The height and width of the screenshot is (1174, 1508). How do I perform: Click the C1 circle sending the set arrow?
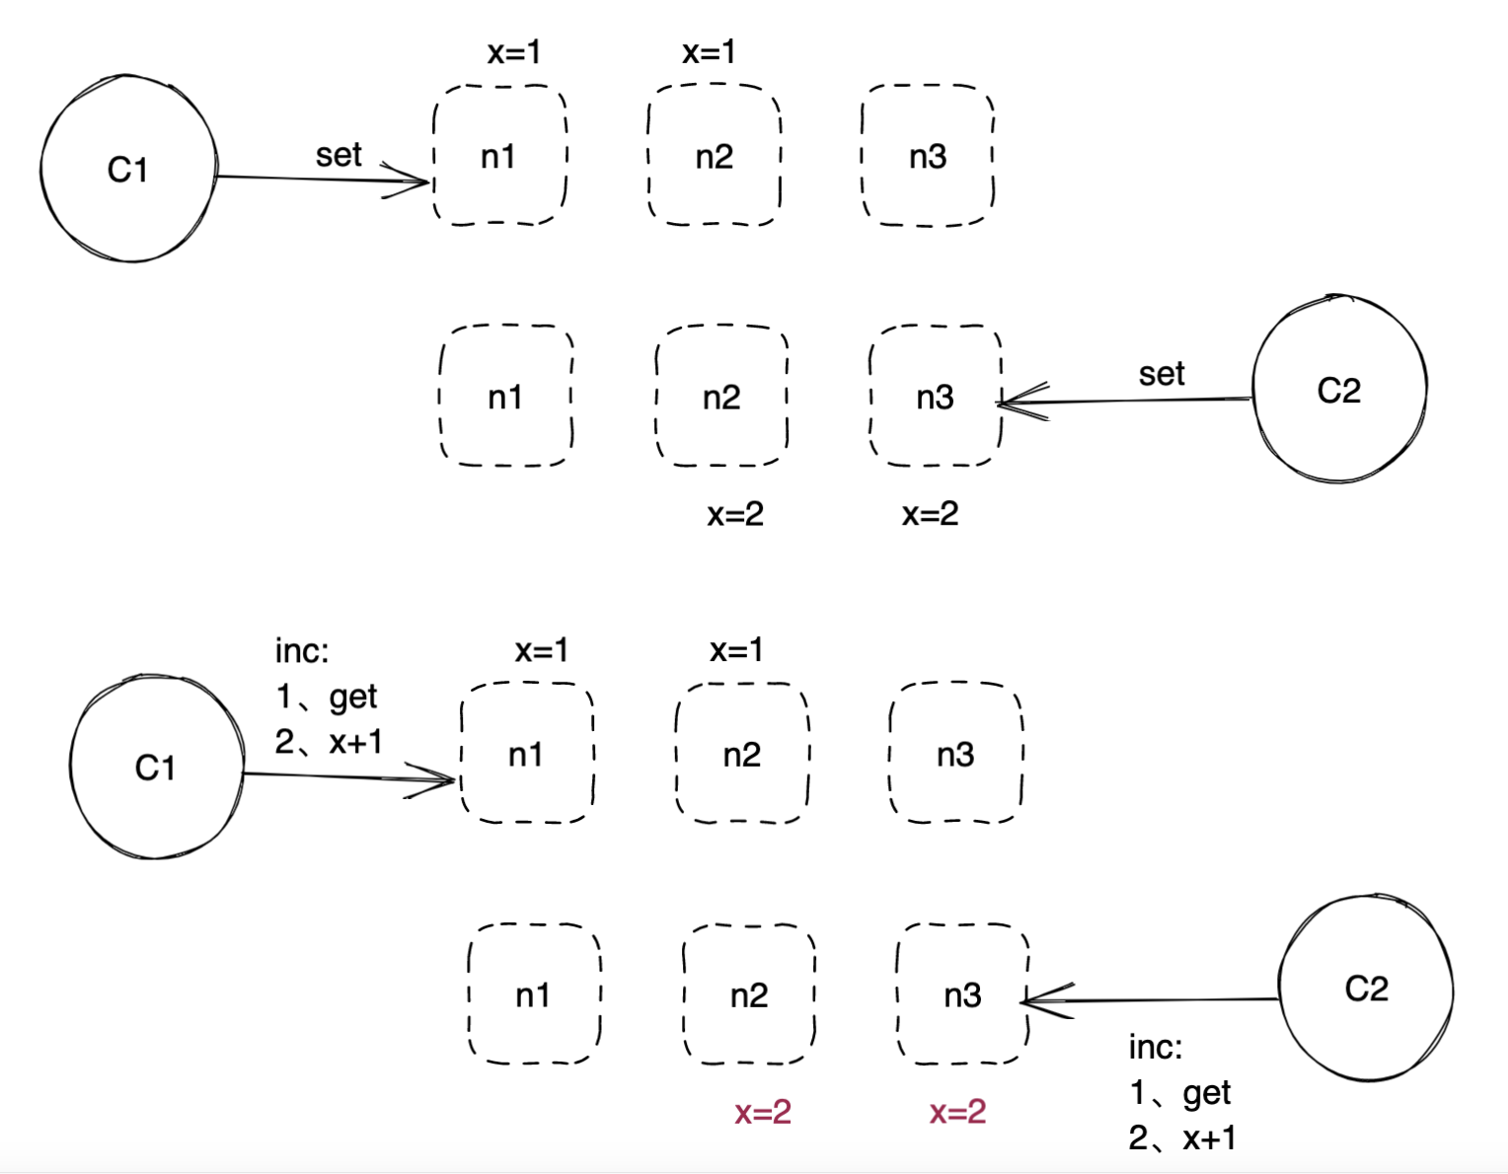pos(128,169)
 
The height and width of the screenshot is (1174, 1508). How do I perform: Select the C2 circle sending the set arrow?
pos(1339,390)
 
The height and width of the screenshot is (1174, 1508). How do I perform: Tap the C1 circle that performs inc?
pos(156,767)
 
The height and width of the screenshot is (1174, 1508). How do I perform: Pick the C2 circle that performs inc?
pos(1366,988)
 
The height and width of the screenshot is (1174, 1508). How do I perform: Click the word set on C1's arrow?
pos(339,155)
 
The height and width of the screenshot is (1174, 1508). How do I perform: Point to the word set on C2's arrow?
pos(1162,374)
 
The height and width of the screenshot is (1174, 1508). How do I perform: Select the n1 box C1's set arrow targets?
pos(499,156)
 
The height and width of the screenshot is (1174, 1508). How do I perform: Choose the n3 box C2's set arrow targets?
pos(935,397)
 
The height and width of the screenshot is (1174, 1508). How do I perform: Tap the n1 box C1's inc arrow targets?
pos(527,755)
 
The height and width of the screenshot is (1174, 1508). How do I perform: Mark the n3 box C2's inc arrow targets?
pos(962,994)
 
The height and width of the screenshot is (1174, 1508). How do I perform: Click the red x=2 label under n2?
pos(763,1113)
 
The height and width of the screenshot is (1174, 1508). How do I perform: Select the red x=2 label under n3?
pos(957,1112)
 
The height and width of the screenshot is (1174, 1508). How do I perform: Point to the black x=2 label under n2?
pos(735,514)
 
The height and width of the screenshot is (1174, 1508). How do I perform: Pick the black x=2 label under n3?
pos(930,513)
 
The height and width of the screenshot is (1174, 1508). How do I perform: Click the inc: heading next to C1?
pos(302,651)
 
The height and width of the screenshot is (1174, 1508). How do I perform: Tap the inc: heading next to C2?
pos(1156,1047)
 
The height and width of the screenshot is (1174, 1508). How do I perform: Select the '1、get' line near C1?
pos(326,697)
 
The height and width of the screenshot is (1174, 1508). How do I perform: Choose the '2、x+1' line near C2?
pos(1182,1137)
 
